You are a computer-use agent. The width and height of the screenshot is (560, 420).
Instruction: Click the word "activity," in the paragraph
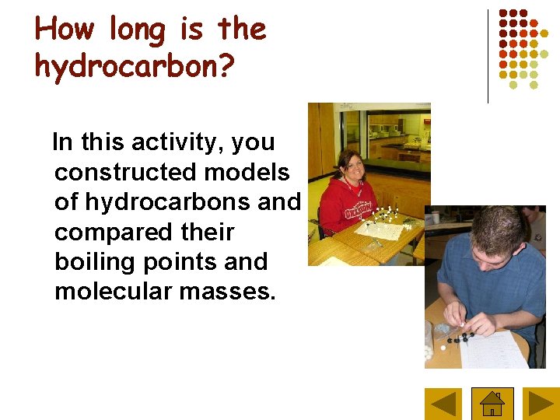tap(178, 142)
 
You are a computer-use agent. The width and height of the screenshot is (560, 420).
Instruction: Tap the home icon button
tap(492, 404)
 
